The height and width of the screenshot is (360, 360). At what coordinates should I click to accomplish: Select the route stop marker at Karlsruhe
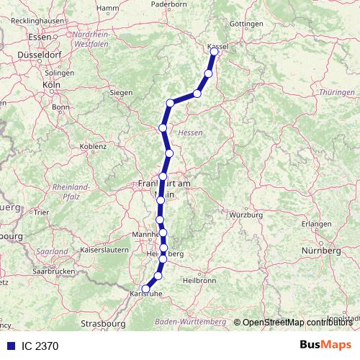[x=145, y=289]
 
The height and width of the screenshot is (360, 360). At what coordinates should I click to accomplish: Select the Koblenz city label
[x=92, y=146]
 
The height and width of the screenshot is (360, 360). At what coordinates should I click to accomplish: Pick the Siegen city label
[x=121, y=93]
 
